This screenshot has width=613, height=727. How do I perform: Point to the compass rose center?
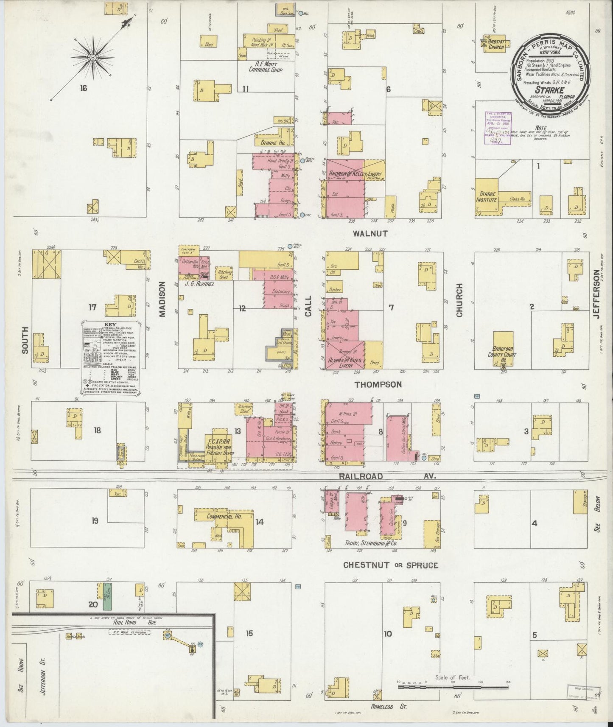93,57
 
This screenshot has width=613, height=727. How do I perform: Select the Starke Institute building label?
486,197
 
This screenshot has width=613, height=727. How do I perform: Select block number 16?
83,88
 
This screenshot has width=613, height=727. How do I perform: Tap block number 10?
387,634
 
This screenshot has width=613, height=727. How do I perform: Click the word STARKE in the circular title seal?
549,90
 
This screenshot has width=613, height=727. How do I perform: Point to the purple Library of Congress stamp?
499,129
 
